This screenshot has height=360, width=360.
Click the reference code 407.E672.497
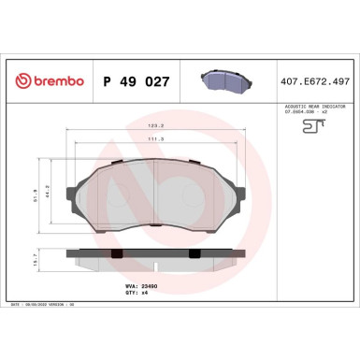click(316, 81)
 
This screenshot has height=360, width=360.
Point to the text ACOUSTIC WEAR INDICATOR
click(316, 108)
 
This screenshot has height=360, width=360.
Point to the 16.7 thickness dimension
click(36, 266)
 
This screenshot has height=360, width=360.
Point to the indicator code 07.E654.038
click(310, 113)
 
